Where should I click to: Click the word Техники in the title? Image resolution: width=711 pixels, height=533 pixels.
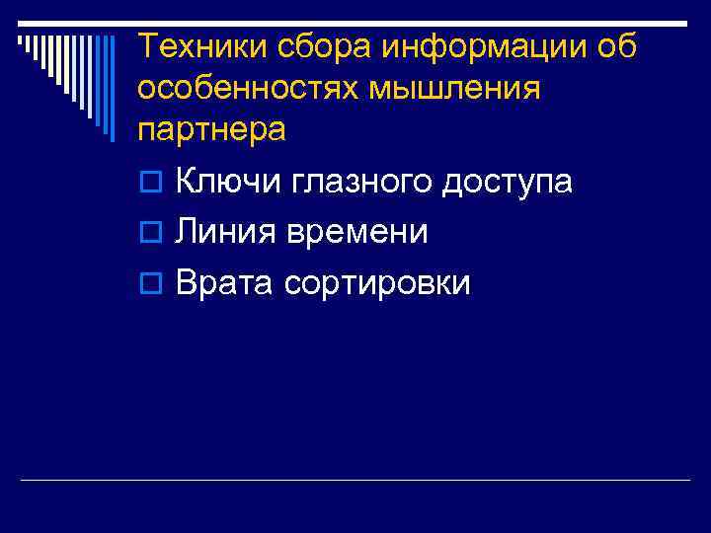[197, 45]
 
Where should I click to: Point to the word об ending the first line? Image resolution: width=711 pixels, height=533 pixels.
[618, 45]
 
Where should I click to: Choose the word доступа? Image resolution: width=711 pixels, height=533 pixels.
[508, 182]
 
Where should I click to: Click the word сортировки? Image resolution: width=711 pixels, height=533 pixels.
[377, 284]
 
